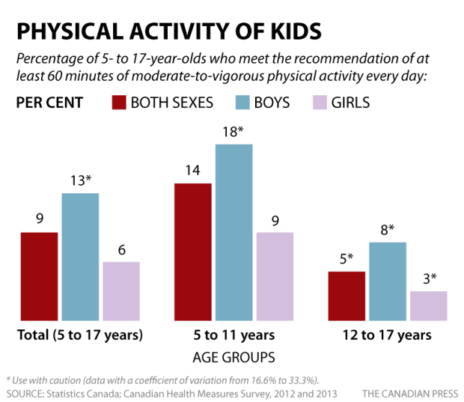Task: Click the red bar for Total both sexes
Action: point(39,276)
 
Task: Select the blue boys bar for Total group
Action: point(80,257)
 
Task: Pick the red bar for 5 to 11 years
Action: point(193,252)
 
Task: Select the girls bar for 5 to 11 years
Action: point(275,276)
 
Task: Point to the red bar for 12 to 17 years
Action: point(347,296)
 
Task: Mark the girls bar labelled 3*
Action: point(429,305)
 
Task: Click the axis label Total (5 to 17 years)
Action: point(80,335)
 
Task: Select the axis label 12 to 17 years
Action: point(388,335)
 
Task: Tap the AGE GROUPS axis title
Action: point(234,356)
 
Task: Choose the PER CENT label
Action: point(49,103)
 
